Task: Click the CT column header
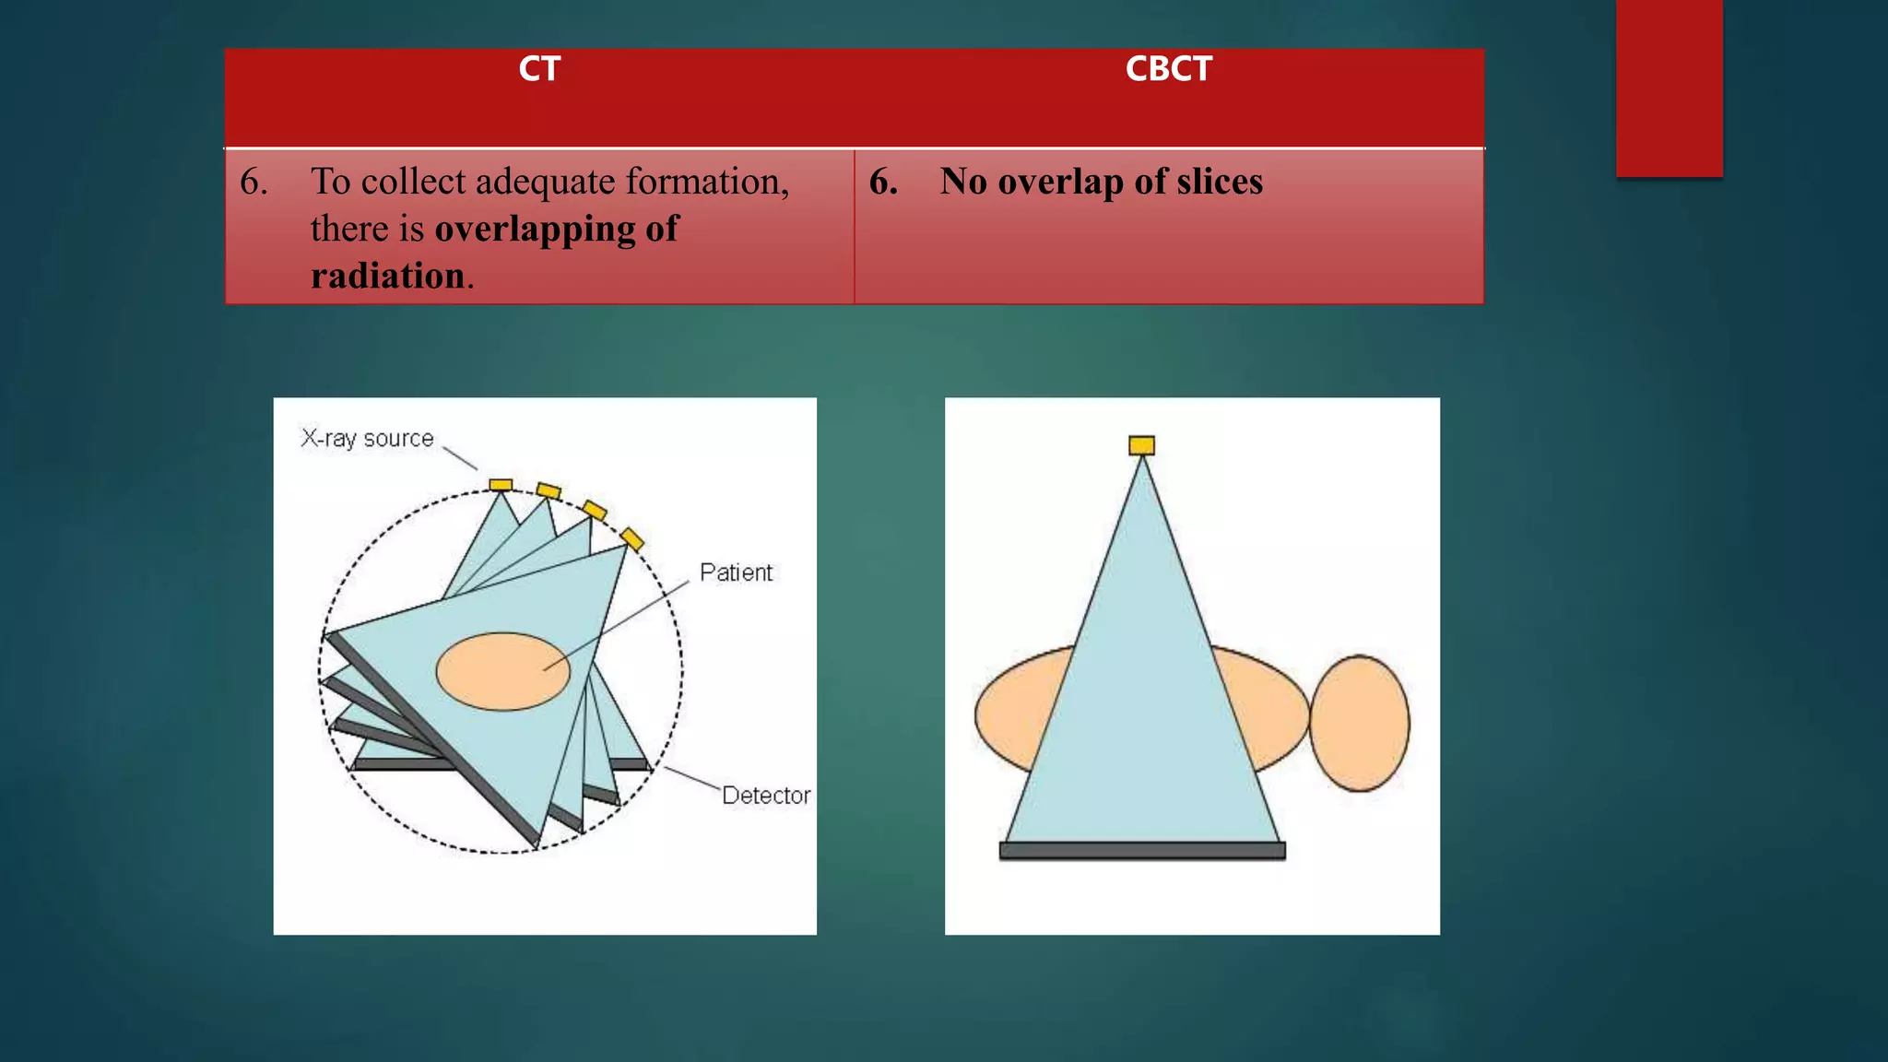coord(539,69)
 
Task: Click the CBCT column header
coord(1168,69)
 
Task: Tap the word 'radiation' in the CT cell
coord(387,276)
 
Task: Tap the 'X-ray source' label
coord(367,439)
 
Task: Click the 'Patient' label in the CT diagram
coord(736,572)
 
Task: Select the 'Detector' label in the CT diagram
coord(765,796)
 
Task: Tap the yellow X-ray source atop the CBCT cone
coord(1141,446)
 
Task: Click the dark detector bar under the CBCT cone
coord(1142,850)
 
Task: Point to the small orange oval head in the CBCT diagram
coord(1360,724)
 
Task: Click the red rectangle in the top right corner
coord(1669,88)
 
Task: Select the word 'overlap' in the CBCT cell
coord(1060,182)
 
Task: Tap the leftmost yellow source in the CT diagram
coord(501,485)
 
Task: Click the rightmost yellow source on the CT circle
coord(631,538)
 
